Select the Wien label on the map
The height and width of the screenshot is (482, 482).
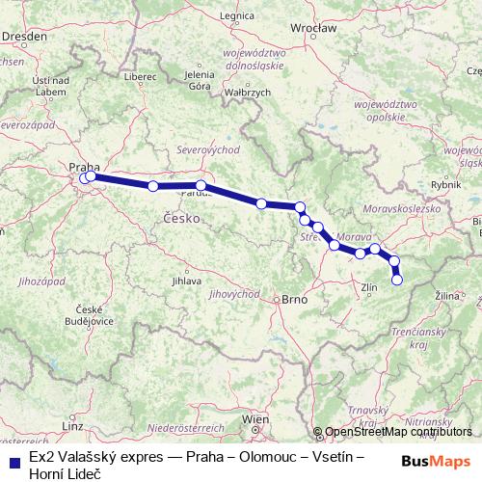(x=255, y=419)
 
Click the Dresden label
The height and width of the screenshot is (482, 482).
(x=18, y=35)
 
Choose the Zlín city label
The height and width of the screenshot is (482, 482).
(x=367, y=287)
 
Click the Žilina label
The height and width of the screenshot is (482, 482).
(x=447, y=293)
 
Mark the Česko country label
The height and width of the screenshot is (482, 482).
(x=181, y=219)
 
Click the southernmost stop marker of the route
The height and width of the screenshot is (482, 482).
(x=397, y=280)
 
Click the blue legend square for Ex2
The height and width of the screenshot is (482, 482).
(x=12, y=461)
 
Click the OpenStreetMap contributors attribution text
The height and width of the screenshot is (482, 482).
(x=398, y=432)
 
